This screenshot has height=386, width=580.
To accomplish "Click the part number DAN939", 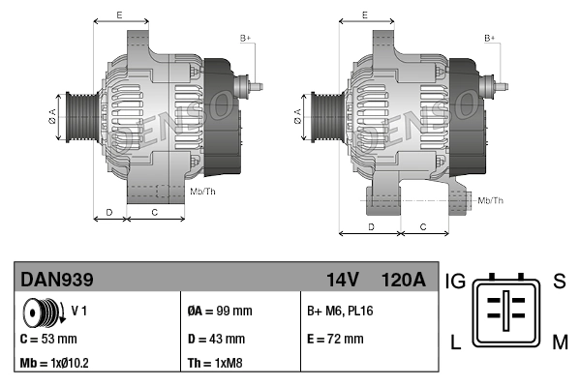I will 58,281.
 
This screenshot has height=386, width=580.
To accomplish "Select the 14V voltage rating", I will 343,281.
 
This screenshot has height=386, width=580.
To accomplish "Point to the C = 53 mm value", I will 48,340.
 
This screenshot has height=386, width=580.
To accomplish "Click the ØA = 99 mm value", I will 219,312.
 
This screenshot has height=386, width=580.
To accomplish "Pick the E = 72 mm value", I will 335,340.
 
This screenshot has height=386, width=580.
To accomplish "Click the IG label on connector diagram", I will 456,282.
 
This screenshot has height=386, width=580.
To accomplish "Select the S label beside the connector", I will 559,282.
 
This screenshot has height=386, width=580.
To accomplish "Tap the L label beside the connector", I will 454,341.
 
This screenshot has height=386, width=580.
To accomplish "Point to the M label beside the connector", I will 561,341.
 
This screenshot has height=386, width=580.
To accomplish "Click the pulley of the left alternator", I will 77,121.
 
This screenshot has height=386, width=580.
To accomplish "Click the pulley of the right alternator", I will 321,120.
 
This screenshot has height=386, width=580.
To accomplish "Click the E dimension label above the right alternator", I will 364,15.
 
